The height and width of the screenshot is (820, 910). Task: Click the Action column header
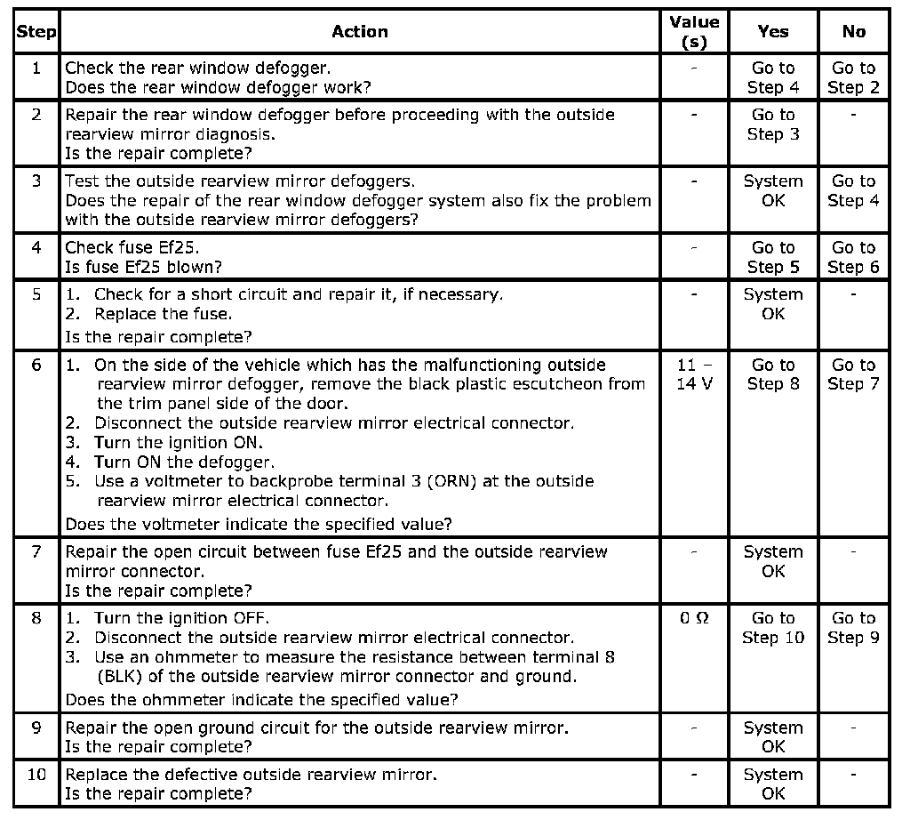(x=359, y=32)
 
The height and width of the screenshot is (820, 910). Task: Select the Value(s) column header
(x=693, y=32)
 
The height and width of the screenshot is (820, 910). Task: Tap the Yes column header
(x=773, y=32)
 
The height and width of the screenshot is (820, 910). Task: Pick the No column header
(x=853, y=32)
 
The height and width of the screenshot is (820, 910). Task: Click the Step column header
(x=36, y=32)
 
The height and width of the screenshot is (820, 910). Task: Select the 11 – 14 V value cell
(x=693, y=374)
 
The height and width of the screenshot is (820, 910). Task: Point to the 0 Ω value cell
(x=693, y=618)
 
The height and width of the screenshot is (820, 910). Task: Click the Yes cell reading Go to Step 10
(x=773, y=628)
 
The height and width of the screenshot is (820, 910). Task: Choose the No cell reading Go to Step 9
(x=853, y=628)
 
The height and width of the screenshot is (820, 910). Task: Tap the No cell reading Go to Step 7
(x=853, y=374)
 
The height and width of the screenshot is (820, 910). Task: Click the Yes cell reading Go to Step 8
(x=773, y=374)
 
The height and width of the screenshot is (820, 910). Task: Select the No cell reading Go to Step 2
(x=853, y=77)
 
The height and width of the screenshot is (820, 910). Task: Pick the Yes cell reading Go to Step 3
(x=773, y=125)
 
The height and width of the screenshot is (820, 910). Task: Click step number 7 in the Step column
(x=36, y=551)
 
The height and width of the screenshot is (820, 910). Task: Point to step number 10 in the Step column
(x=36, y=775)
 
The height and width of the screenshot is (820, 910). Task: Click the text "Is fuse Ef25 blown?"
(x=144, y=267)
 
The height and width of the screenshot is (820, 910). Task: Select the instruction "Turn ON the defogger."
(x=185, y=462)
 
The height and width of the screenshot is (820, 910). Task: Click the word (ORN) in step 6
(x=469, y=481)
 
